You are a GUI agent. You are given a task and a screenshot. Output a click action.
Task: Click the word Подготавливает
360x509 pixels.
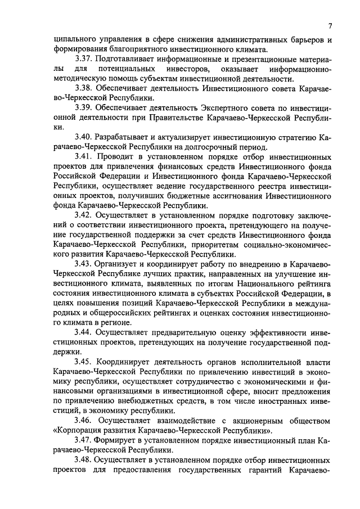[x=127, y=58]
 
